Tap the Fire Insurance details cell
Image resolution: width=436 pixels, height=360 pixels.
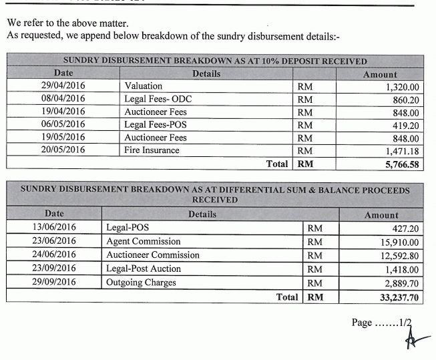tap(152, 150)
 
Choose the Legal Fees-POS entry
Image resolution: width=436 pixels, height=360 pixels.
tap(153, 125)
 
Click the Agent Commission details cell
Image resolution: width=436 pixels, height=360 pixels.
tap(143, 242)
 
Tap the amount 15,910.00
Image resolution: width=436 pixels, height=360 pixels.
tap(400, 242)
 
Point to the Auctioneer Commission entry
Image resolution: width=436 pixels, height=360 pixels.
tap(153, 255)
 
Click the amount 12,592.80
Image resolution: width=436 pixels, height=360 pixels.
tap(400, 256)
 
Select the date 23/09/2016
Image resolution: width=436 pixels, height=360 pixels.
tap(54, 269)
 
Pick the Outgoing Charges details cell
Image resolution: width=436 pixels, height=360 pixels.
tap(142, 283)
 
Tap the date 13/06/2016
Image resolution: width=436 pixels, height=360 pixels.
tap(54, 228)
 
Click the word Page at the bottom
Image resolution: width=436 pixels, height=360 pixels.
tap(361, 323)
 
